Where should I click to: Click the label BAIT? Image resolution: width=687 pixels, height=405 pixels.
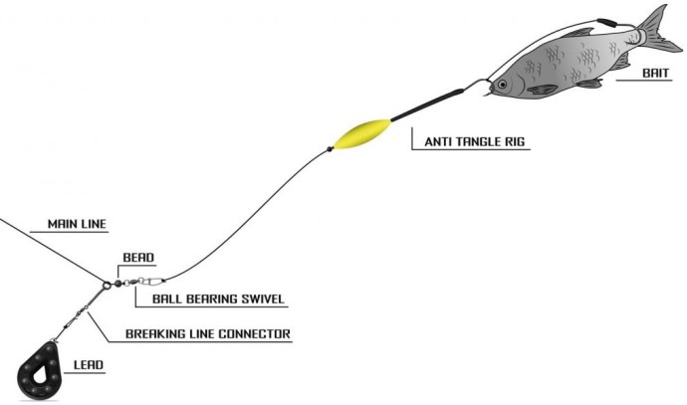click(x=656, y=73)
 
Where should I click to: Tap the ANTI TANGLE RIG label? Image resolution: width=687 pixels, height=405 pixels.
click(x=475, y=141)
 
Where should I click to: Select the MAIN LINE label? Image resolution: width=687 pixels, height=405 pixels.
click(x=77, y=224)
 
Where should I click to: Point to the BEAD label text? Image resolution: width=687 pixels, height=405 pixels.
click(x=138, y=258)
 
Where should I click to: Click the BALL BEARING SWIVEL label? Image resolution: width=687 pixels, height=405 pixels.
click(x=218, y=300)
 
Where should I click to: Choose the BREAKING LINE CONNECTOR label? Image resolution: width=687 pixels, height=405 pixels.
click(x=208, y=334)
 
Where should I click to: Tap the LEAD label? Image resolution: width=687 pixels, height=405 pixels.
click(x=89, y=365)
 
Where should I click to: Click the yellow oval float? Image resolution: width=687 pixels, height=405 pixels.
click(x=361, y=134)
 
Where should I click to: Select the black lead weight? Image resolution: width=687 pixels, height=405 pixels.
click(x=40, y=371)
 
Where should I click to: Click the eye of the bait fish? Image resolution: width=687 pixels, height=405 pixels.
click(x=502, y=84)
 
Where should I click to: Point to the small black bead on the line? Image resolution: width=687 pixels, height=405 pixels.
click(x=117, y=284)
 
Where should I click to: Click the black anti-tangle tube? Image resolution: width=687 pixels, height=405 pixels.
click(x=427, y=105)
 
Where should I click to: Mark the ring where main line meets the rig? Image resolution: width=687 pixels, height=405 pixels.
click(x=107, y=286)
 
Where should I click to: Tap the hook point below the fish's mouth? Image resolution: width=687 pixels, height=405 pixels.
click(x=487, y=94)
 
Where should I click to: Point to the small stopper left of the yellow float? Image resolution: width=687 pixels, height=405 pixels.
click(x=330, y=149)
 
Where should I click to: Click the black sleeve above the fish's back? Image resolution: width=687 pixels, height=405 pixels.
click(x=607, y=22)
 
